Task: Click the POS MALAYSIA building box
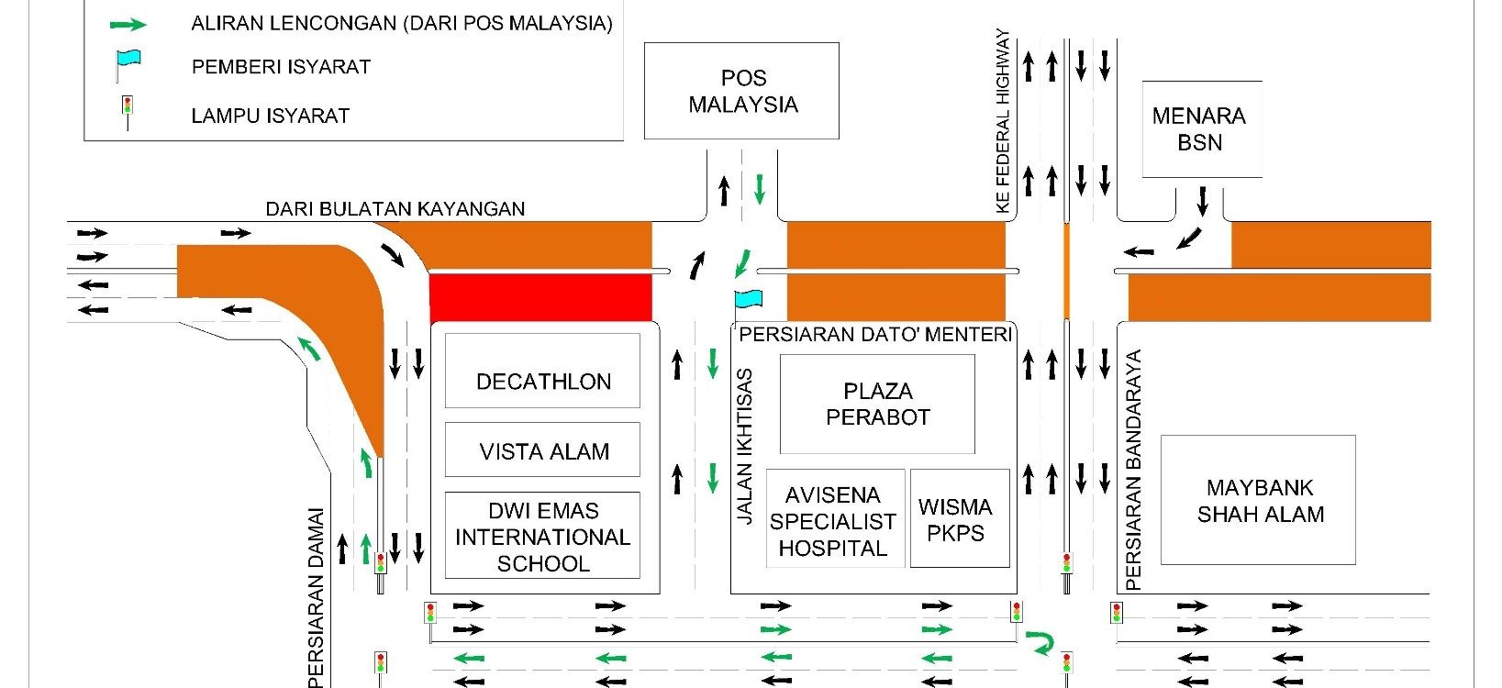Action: tap(741, 91)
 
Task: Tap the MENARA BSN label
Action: tap(1200, 128)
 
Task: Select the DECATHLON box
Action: tap(542, 372)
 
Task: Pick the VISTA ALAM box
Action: tap(542, 450)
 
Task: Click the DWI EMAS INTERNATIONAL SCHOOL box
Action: tap(542, 536)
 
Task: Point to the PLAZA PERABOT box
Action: tap(877, 404)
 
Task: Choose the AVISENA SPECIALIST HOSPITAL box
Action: tap(833, 520)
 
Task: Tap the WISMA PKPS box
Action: tap(959, 519)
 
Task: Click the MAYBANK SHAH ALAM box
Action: tap(1259, 500)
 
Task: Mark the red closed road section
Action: tap(540, 297)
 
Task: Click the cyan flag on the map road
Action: tap(748, 299)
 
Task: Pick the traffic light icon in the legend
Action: tap(128, 109)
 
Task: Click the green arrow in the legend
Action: tap(128, 25)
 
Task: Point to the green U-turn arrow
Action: tap(1040, 642)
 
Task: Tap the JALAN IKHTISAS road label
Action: tap(745, 447)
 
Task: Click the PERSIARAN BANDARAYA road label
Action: tap(1134, 470)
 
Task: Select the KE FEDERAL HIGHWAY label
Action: tap(1003, 121)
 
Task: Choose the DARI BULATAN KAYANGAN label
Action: tap(395, 209)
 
